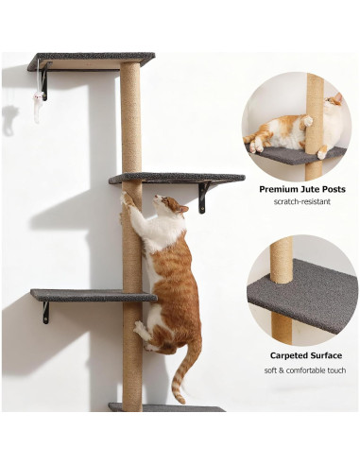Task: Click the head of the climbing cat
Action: [x=170, y=205]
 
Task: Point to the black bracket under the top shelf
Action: [x=43, y=82]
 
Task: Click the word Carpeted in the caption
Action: [x=289, y=356]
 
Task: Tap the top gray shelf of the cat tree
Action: [x=91, y=60]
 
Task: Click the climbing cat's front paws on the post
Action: [x=126, y=201]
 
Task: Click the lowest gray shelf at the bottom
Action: [x=165, y=407]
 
